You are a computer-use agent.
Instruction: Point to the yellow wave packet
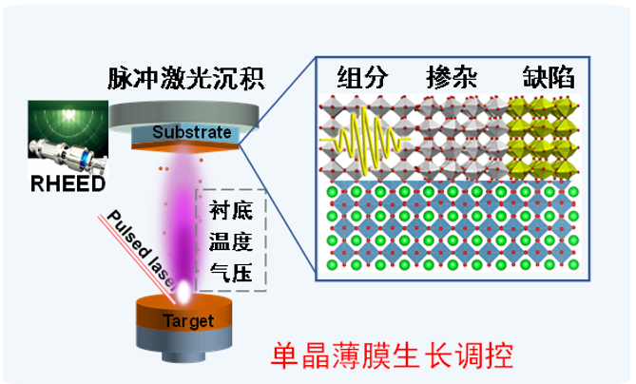pyautogui.click(x=361, y=143)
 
